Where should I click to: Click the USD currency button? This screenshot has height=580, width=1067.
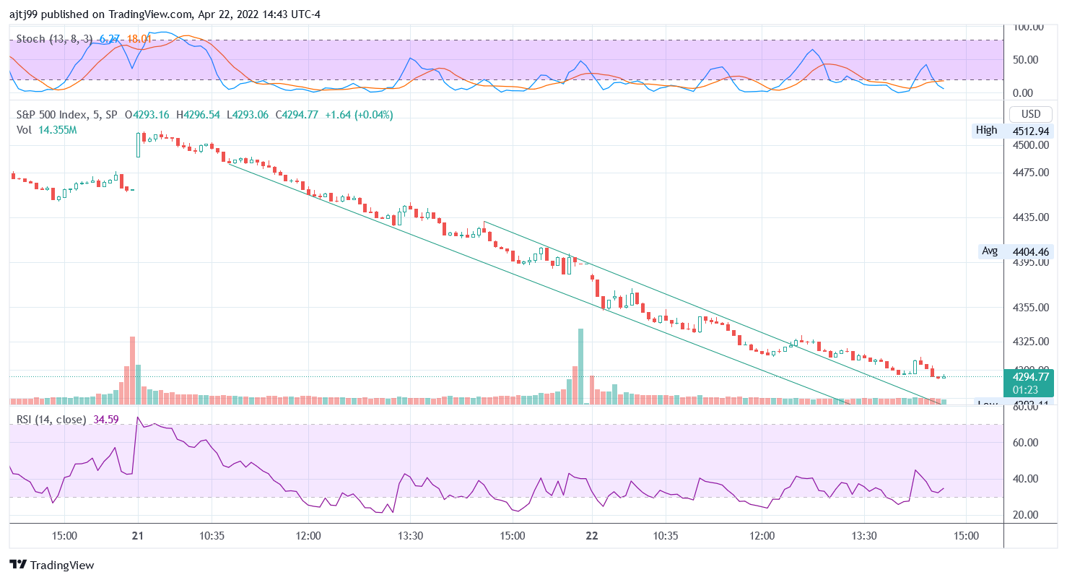[1030, 114]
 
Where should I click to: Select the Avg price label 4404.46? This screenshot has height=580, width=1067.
[1030, 251]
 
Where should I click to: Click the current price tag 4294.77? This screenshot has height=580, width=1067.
[1030, 376]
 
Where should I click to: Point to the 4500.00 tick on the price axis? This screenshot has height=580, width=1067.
[1030, 144]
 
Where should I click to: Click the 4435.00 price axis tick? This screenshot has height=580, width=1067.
[1030, 217]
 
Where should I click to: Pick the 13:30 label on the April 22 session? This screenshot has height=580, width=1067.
[864, 536]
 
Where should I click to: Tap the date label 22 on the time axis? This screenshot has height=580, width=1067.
[592, 536]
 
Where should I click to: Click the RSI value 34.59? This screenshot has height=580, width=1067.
[106, 419]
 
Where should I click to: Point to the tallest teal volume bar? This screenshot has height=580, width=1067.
[580, 365]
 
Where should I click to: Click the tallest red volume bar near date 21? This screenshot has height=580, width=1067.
[133, 368]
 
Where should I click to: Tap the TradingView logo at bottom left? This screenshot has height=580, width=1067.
[52, 565]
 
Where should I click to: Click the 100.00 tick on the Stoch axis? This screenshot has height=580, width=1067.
[1029, 27]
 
